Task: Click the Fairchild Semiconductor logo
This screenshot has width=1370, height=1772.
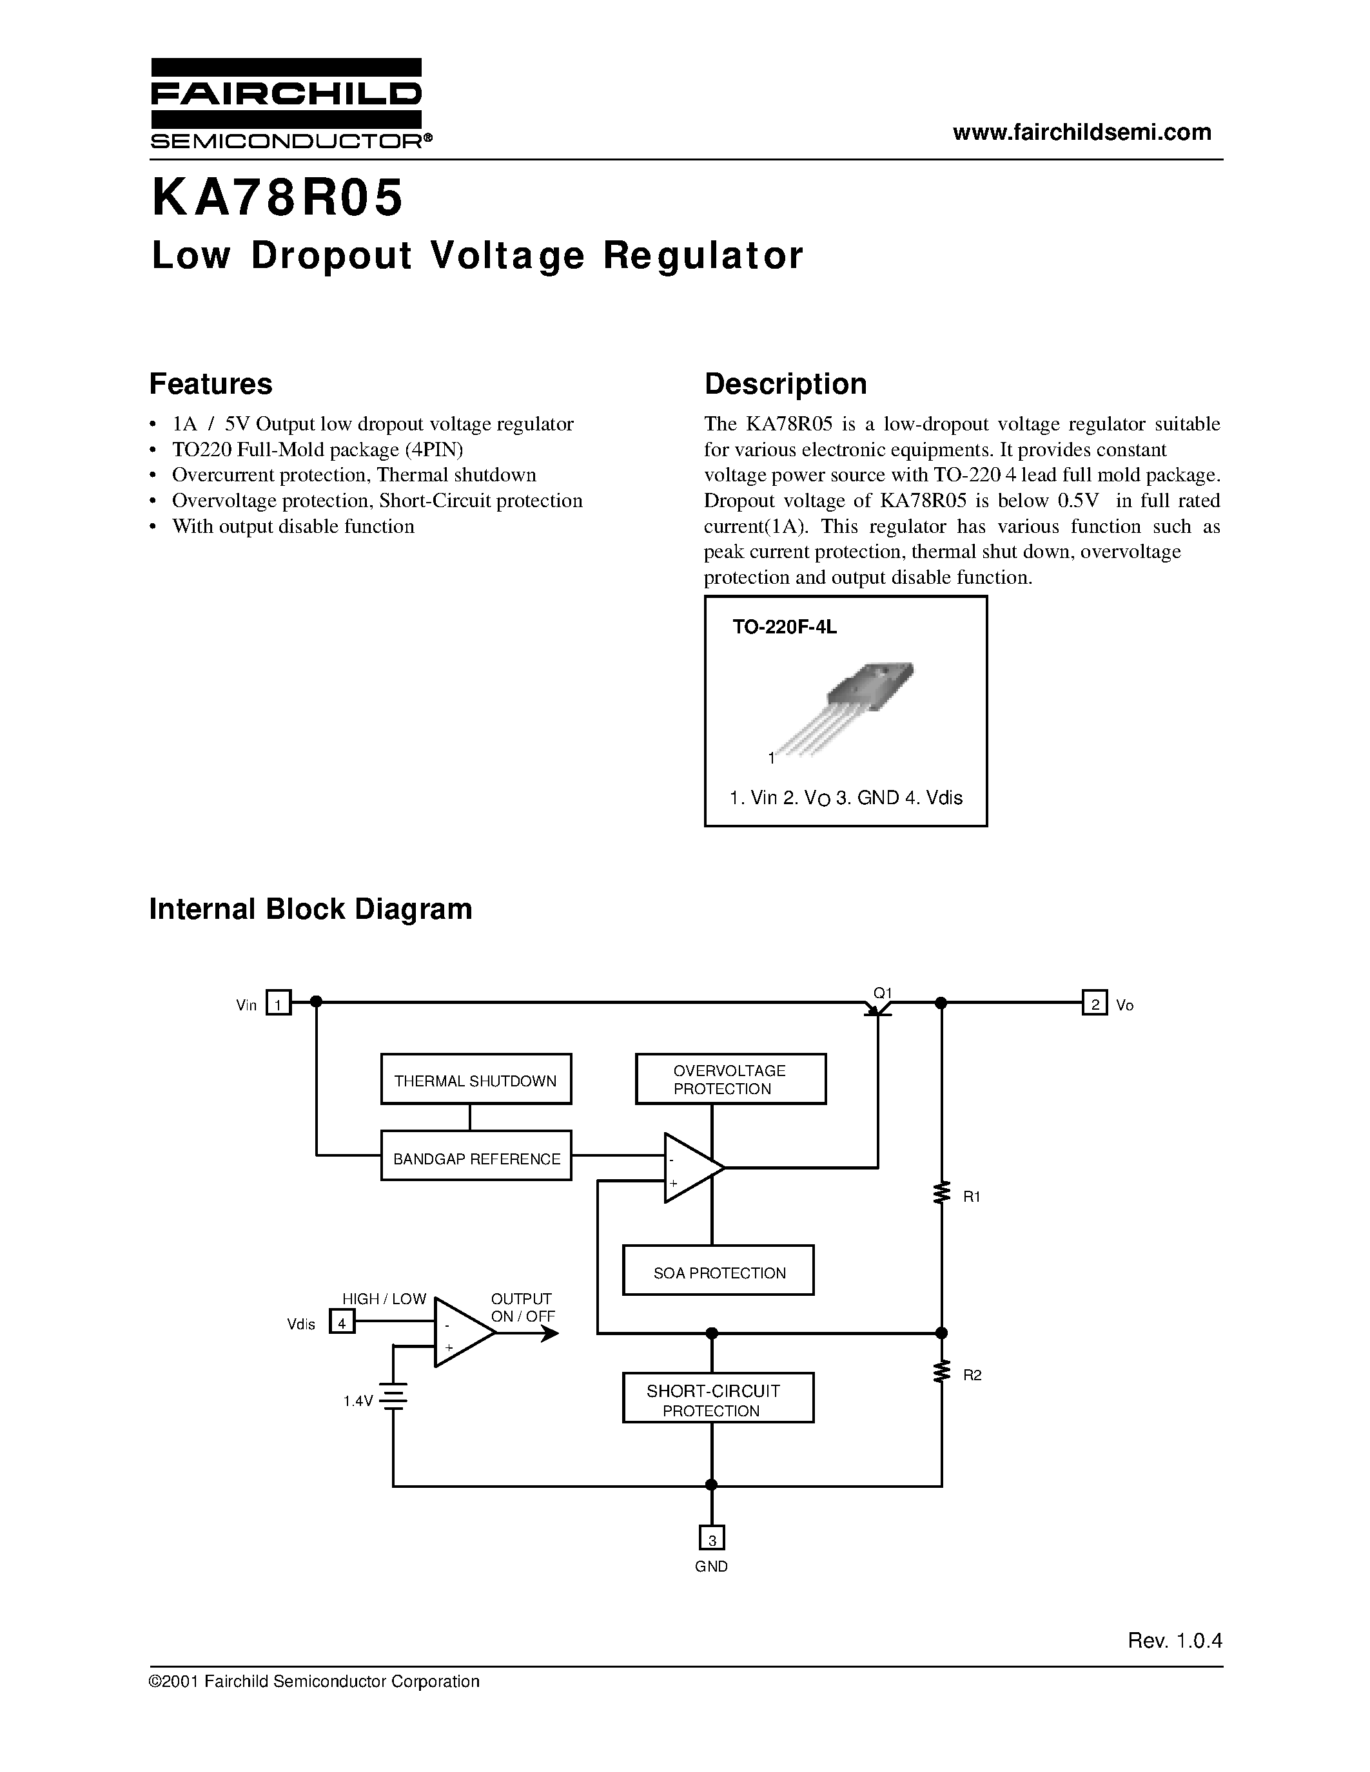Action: (x=286, y=103)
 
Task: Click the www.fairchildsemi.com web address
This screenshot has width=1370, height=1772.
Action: (x=1082, y=132)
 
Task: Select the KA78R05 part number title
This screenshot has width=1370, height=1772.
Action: (x=277, y=198)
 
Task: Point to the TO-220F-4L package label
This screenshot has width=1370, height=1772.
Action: (x=784, y=627)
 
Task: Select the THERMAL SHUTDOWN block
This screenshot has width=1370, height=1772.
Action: (x=476, y=1080)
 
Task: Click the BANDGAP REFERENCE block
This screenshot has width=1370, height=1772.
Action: (x=476, y=1158)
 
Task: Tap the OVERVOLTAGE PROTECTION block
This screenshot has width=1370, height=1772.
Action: (x=730, y=1079)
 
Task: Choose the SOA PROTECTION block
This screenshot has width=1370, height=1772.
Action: (x=718, y=1272)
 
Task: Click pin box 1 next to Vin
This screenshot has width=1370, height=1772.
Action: (x=279, y=1005)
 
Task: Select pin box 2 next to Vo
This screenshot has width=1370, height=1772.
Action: (x=1094, y=1005)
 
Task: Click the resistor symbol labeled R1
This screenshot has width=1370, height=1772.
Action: (x=941, y=1193)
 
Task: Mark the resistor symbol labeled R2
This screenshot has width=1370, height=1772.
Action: (x=941, y=1372)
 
